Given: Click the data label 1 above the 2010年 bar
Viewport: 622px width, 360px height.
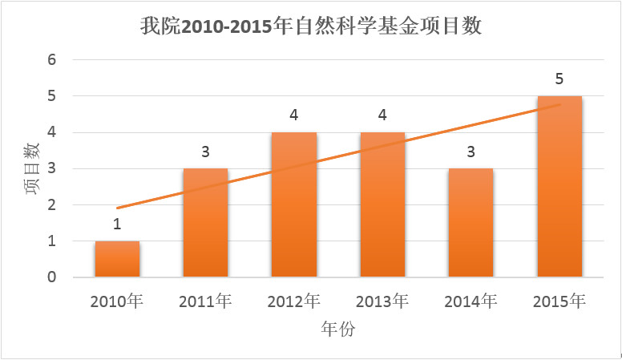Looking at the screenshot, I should (x=117, y=224).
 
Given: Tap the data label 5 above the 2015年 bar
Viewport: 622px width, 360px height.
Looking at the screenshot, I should (x=559, y=79).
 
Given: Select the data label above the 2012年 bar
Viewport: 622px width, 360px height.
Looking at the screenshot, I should (x=294, y=115).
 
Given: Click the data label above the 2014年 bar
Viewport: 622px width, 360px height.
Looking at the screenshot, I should (x=471, y=152).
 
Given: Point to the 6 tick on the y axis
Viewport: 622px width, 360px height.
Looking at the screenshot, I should (x=51, y=60).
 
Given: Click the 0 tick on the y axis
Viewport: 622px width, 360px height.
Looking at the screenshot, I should (x=51, y=277).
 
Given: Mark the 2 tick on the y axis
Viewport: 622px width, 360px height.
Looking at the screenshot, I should (x=51, y=205).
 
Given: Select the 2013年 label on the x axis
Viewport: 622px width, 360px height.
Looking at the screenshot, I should (x=382, y=301).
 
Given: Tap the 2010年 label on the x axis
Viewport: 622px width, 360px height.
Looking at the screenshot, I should (x=117, y=301).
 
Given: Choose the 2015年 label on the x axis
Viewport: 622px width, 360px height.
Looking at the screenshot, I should (x=559, y=301).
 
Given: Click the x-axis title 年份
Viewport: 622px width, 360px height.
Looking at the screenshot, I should (x=337, y=330).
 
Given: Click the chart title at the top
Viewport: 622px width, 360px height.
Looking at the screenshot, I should (x=310, y=26).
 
